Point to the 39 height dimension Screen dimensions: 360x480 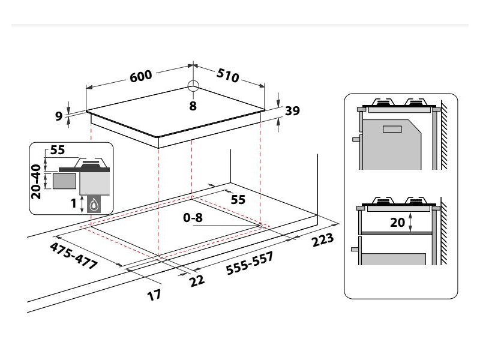point(292,110)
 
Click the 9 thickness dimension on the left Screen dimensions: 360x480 point(59,115)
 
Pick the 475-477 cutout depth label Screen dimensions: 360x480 point(74,257)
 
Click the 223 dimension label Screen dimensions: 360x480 point(323,242)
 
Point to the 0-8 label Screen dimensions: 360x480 point(194,218)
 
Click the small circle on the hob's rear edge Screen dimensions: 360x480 point(193,86)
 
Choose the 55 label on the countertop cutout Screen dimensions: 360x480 point(238,200)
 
